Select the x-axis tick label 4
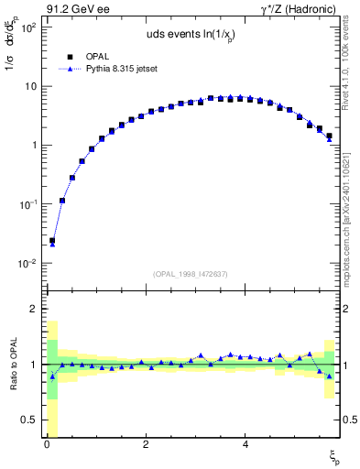pyautogui.click(x=245, y=444)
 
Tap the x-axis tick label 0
pyautogui.click(x=47, y=444)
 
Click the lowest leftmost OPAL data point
pyautogui.click(x=52, y=241)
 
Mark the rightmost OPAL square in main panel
pyautogui.click(x=329, y=136)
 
